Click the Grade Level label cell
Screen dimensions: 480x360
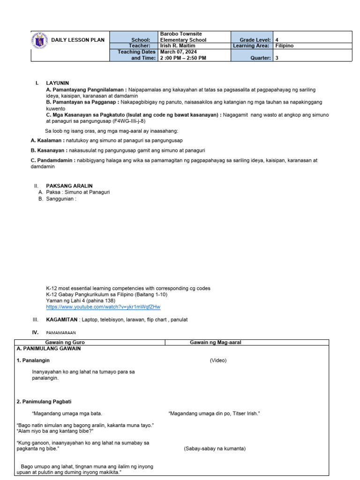[x=252, y=40]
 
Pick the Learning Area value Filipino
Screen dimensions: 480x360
[x=284, y=46]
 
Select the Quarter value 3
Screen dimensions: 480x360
[x=277, y=58]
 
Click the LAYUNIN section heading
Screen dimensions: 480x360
[x=57, y=83]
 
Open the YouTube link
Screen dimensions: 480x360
[x=103, y=307]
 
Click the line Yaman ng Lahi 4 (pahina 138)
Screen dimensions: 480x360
[x=80, y=300]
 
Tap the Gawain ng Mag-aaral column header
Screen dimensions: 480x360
[x=215, y=343]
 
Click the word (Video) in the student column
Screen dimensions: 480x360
[x=218, y=360]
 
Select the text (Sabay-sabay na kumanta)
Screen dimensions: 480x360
[x=215, y=449]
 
